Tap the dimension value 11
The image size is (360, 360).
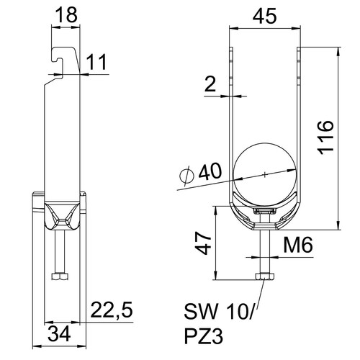[x=96, y=62]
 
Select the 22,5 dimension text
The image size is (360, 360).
[x=112, y=310]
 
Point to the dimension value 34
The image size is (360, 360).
[x=59, y=333]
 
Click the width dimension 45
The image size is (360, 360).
[x=265, y=16]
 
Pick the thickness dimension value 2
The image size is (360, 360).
[x=210, y=84]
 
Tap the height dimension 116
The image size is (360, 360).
[x=325, y=138]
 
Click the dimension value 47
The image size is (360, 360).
[x=203, y=243]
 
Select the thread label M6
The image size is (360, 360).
[x=298, y=245]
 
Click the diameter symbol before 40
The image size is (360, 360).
[x=186, y=176]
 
